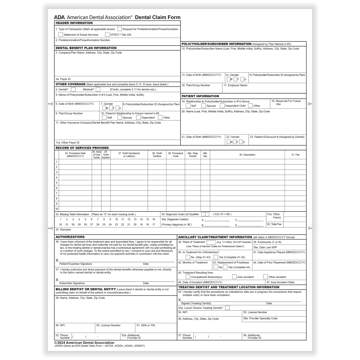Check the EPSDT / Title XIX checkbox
tap(107, 35)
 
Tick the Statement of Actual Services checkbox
tap(60, 35)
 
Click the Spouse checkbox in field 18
tap(203, 106)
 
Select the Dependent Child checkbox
tap(222, 106)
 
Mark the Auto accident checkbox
tap(234, 277)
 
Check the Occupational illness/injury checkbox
tap(188, 277)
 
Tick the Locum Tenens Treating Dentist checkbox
tap(227, 308)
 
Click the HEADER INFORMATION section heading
tap(74, 23)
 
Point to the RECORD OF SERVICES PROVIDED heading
tap(82, 148)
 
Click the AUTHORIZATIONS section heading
tap(70, 237)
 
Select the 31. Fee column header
tap(295, 155)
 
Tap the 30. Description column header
tap(247, 155)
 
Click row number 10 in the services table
tap(57, 209)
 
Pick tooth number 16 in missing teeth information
tap(154, 219)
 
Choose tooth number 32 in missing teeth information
tap(60, 224)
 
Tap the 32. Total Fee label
tap(274, 224)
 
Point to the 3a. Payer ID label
tap(63, 79)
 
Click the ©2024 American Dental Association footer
tap(84, 343)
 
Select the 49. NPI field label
tap(60, 325)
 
